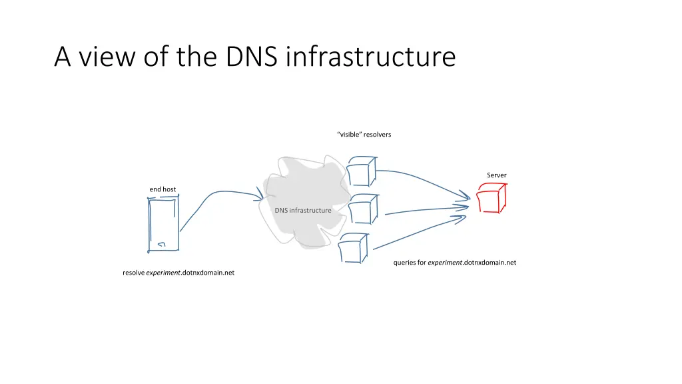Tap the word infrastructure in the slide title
(x=370, y=57)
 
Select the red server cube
(x=492, y=197)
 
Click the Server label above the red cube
(x=496, y=175)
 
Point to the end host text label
(x=163, y=189)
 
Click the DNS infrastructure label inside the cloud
(x=303, y=210)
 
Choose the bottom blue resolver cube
(x=353, y=248)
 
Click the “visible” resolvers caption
(x=364, y=135)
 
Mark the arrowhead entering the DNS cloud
(x=258, y=195)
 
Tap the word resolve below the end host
(x=133, y=273)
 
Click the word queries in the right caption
(x=404, y=263)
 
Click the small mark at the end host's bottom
(x=161, y=244)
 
